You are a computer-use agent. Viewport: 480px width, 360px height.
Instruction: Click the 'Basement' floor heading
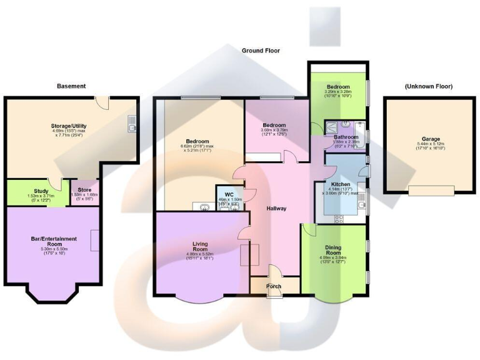click(71, 86)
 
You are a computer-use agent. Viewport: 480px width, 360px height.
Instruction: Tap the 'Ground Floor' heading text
click(261, 51)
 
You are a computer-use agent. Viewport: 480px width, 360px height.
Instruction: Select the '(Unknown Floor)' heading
click(428, 86)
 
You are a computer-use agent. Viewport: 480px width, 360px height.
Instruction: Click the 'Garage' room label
click(428, 139)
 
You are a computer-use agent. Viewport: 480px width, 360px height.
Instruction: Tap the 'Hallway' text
click(276, 208)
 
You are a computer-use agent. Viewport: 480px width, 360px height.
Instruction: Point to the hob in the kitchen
click(341, 219)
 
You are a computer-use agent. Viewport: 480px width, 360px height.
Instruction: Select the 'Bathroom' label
click(345, 137)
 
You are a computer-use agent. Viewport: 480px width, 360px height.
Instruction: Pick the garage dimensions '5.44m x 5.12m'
click(428, 144)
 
